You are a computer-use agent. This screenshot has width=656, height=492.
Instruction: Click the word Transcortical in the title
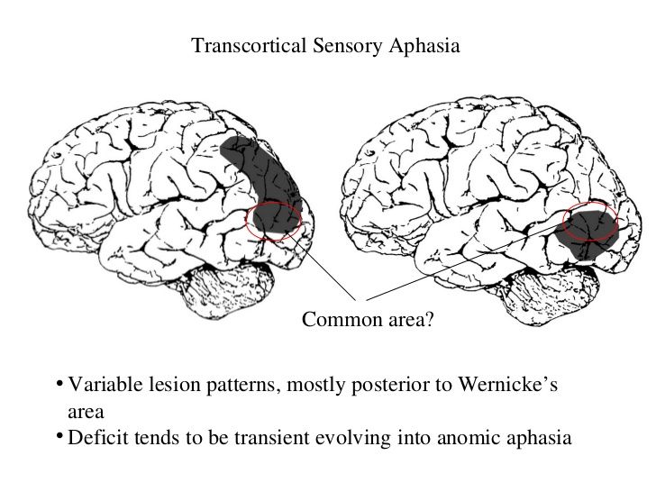click(x=249, y=45)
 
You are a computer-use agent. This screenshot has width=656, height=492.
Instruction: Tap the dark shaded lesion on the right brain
click(x=588, y=234)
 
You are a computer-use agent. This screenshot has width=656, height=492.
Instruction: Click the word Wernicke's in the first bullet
click(x=508, y=384)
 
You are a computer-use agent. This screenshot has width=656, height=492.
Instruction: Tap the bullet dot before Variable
click(x=59, y=383)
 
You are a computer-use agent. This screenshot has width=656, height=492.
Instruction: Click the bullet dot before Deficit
click(x=59, y=436)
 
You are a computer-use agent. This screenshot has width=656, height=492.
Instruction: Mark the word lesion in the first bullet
click(x=176, y=384)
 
